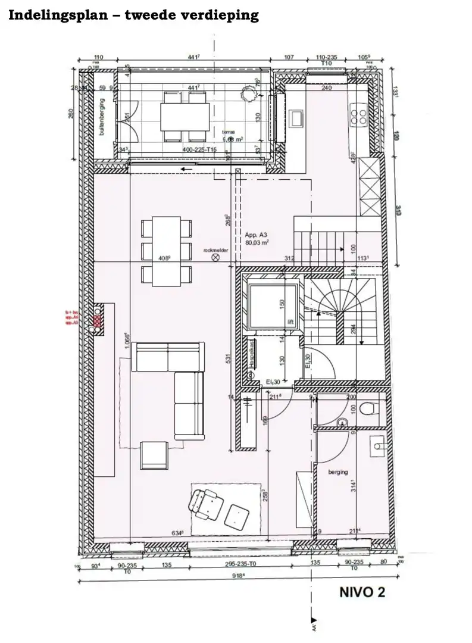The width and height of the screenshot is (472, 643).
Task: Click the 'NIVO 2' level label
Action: pyautogui.click(x=362, y=592)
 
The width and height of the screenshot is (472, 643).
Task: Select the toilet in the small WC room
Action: pyautogui.click(x=367, y=408)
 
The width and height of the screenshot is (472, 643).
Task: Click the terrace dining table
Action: pyautogui.click(x=185, y=116)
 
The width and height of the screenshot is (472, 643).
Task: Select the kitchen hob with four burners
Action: pyautogui.click(x=360, y=116)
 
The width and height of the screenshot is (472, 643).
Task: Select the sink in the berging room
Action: pyautogui.click(x=377, y=444)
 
